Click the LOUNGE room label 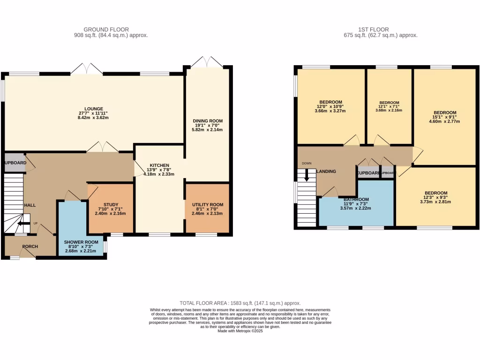pos(94,109)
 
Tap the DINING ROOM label pos(207,121)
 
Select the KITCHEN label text pos(159,165)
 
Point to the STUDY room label pos(111,204)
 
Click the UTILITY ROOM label pos(207,204)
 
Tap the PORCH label pos(30,247)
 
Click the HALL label pos(30,205)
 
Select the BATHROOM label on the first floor pos(356,199)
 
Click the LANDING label pos(326,172)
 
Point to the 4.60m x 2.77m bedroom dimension pos(444,121)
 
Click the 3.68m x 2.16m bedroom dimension pos(389,111)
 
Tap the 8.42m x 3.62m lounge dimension pos(94,118)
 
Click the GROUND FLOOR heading pos(106,30)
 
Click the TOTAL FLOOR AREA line pos(240,303)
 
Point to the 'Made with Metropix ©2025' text pos(240,331)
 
